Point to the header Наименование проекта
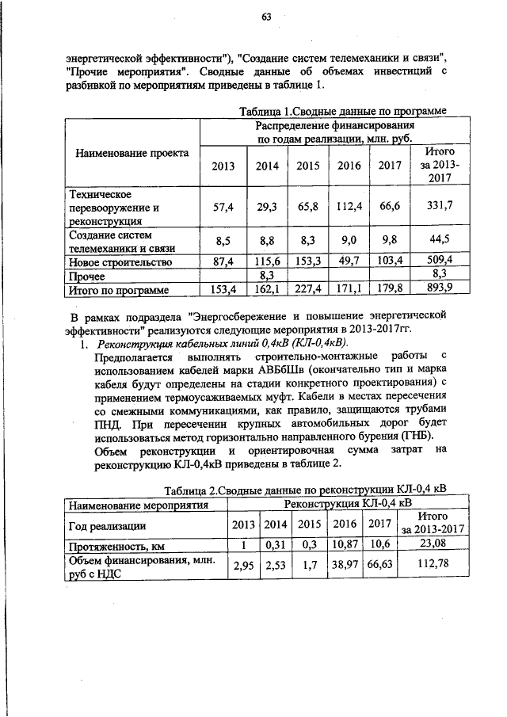tap(132, 153)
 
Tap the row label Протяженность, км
tap(110, 545)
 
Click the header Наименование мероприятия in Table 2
tap(139, 504)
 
